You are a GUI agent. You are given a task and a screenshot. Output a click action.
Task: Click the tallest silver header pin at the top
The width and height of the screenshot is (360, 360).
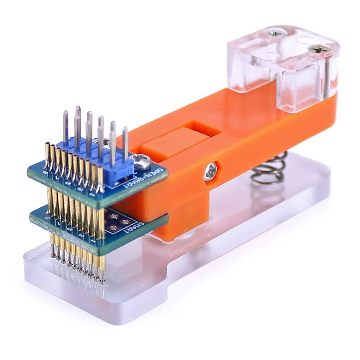point(77,110)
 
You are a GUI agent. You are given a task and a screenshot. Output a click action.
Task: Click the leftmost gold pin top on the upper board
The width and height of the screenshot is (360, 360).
point(47,145)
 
